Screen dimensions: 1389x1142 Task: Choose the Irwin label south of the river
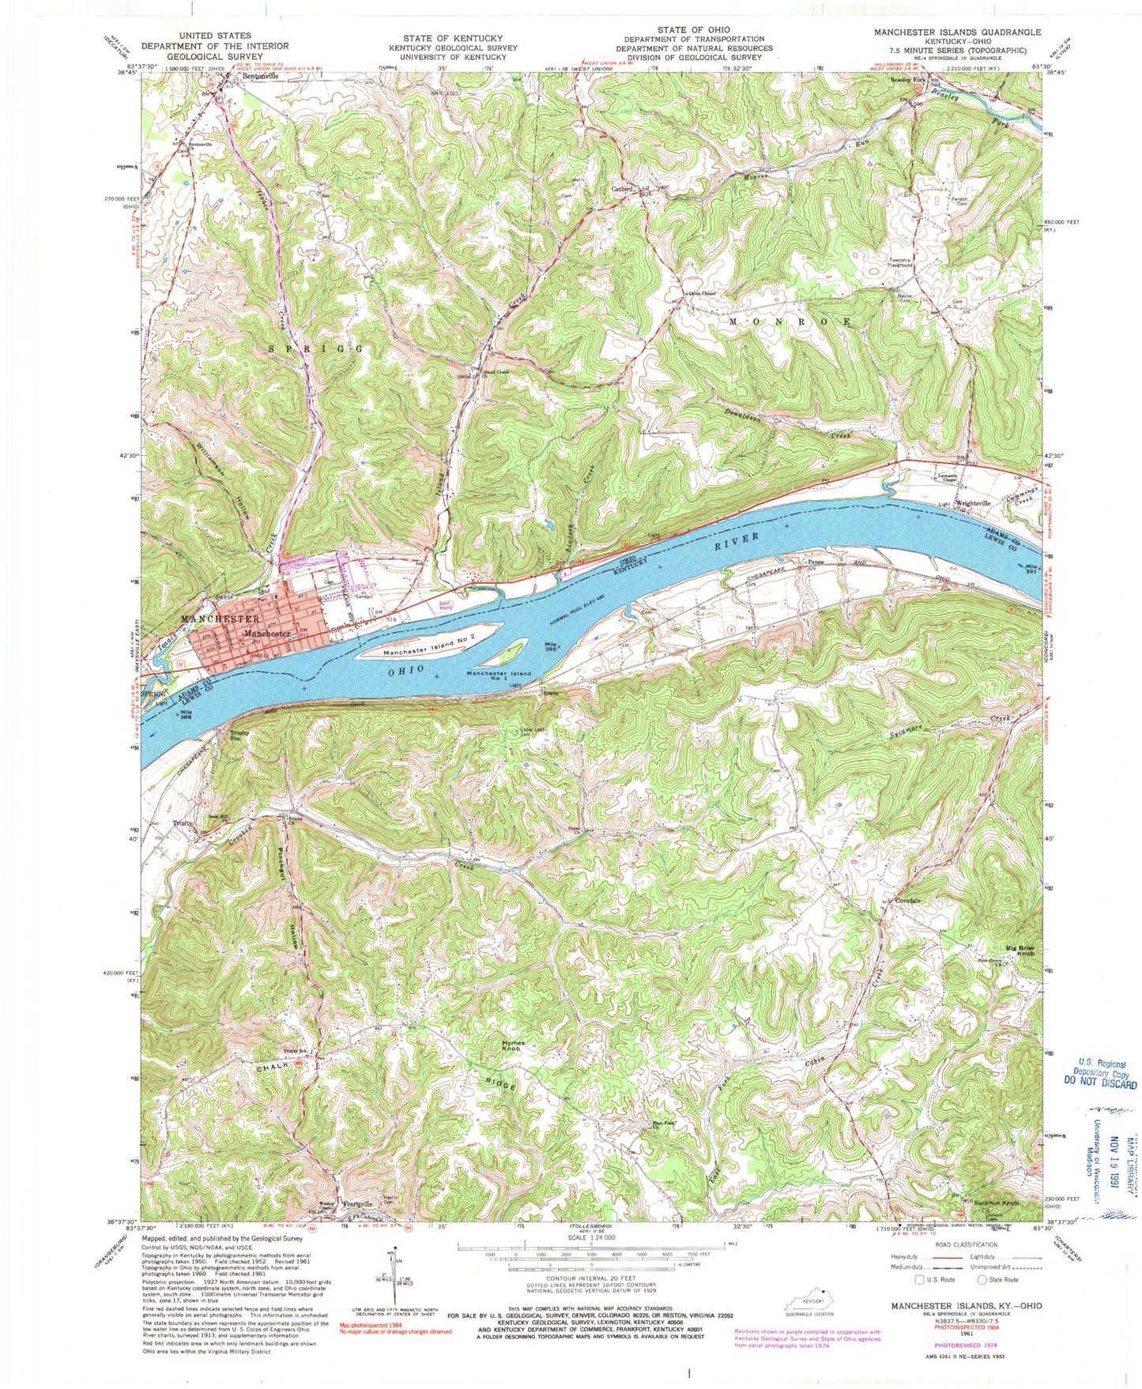[x=551, y=693]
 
